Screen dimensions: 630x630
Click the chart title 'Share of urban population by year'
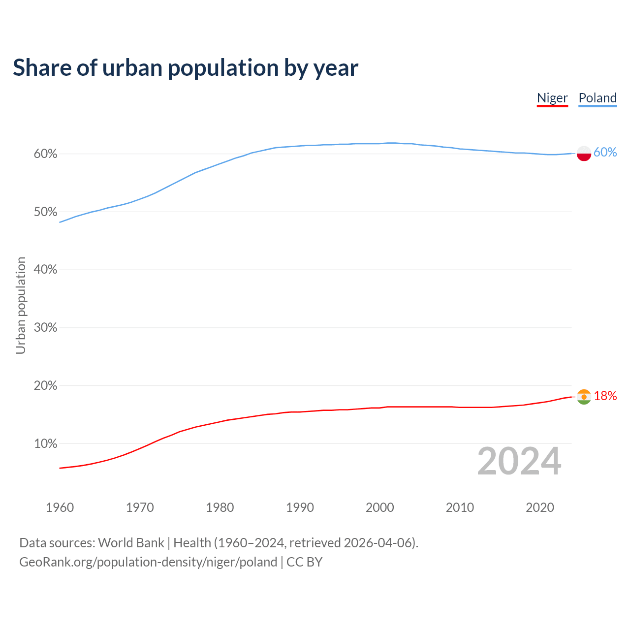[x=186, y=68]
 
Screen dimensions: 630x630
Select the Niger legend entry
[x=552, y=98]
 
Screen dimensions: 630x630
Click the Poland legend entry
[x=598, y=98]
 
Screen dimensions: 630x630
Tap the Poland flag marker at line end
[x=584, y=154]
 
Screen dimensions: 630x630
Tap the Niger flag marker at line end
[x=584, y=397]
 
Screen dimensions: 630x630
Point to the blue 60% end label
[x=605, y=153]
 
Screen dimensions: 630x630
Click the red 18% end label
[x=605, y=396]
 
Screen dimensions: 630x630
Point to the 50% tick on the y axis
[x=45, y=212]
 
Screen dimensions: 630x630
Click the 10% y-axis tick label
[x=45, y=444]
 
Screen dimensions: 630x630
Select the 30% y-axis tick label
[x=45, y=328]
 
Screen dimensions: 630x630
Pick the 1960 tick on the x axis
[x=60, y=507]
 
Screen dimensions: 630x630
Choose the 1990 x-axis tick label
[x=300, y=507]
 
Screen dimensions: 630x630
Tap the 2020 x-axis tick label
[x=540, y=507]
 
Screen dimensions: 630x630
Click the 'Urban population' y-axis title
[x=21, y=305]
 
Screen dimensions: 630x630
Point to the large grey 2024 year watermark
[x=519, y=462]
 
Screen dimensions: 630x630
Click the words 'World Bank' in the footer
[x=131, y=543]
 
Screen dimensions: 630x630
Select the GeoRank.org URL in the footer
[x=148, y=562]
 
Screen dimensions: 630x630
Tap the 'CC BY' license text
[x=304, y=562]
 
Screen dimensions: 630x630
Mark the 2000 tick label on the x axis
[x=380, y=507]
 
